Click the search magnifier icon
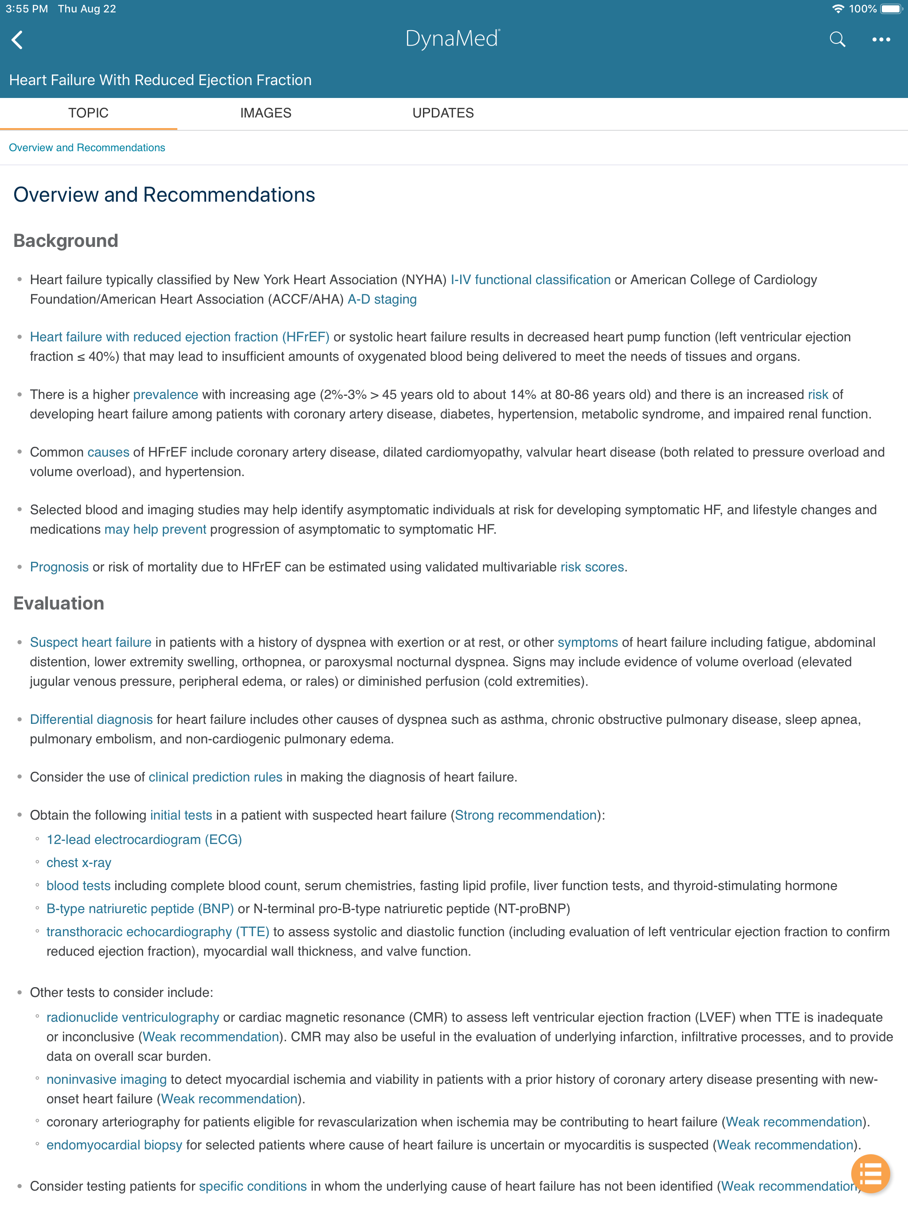tap(837, 39)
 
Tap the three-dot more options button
tap(881, 39)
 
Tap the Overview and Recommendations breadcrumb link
tap(86, 148)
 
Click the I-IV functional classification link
tap(530, 280)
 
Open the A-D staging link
tap(382, 300)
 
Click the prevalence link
tap(165, 395)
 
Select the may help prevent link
tap(155, 529)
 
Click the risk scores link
tap(592, 567)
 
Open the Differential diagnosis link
tap(91, 719)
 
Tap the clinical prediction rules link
tap(215, 777)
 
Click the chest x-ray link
tap(79, 863)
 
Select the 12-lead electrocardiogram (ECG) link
tap(144, 840)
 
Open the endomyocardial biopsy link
tap(114, 1145)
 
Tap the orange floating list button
tap(870, 1174)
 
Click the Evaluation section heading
tap(59, 603)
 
